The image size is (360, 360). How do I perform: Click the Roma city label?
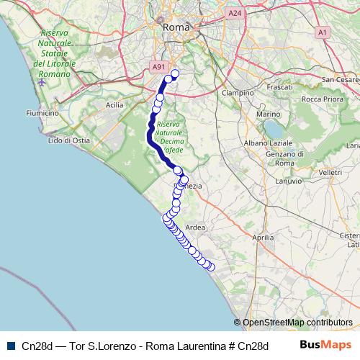pos(175,27)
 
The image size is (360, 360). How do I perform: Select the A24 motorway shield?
pos(234,14)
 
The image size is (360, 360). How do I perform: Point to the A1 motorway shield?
pos(323,32)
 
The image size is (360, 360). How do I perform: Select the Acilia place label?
pos(114,104)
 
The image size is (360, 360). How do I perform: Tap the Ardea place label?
pos(195,227)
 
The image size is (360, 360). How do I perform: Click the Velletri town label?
pos(330,173)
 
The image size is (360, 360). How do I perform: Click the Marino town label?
pos(268,114)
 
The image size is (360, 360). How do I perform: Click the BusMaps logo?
pos(325,345)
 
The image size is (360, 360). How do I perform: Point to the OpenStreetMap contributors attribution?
pos(293,323)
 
